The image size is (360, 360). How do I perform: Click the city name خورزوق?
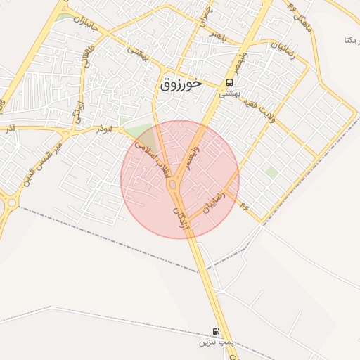coord(181,84)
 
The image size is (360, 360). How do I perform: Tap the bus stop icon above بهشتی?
coord(230,82)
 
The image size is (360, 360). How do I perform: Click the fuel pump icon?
coord(215,331)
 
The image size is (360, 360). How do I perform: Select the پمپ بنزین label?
coord(214,342)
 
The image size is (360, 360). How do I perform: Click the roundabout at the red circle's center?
coord(173,184)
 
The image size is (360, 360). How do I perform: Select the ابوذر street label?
coord(103,130)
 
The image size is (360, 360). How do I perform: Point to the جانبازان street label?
coord(87,25)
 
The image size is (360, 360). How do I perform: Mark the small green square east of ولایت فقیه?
coord(271,171)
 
